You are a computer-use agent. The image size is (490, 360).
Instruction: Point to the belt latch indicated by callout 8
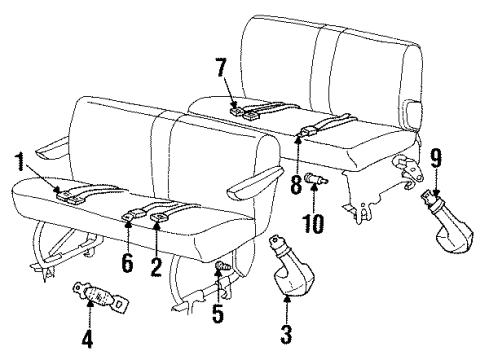point(307,129)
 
